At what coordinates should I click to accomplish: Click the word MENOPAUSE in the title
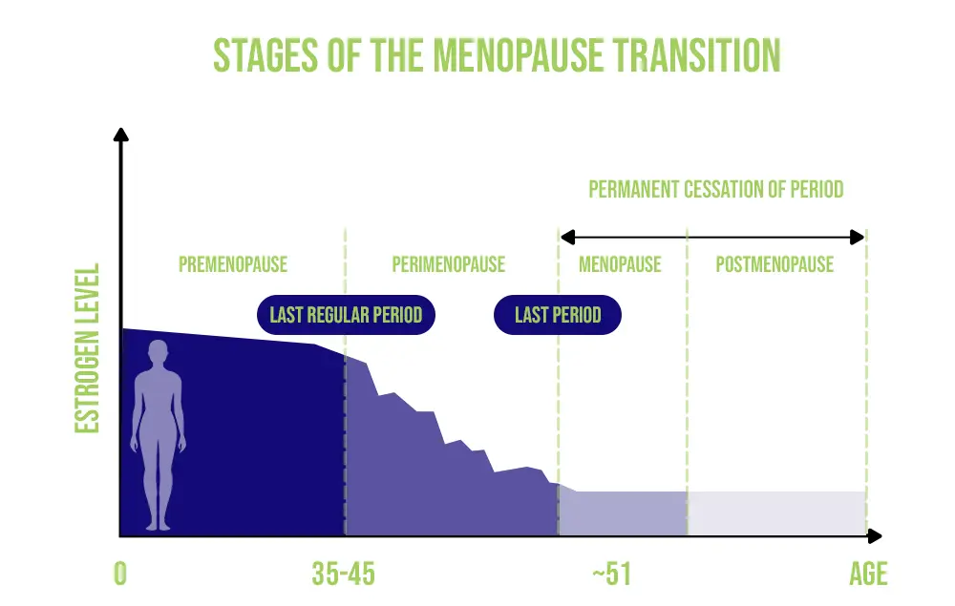[x=519, y=55]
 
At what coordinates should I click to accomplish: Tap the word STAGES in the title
[x=265, y=55]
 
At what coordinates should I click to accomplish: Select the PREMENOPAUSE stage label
[x=233, y=264]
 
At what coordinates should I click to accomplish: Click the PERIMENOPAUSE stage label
[x=448, y=264]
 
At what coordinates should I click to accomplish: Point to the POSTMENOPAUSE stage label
[x=775, y=264]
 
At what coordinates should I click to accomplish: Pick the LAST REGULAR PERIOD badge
[x=346, y=315]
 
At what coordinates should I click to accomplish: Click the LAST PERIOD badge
[x=558, y=315]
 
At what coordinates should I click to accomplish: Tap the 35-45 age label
[x=344, y=574]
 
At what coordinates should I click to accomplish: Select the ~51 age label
[x=611, y=574]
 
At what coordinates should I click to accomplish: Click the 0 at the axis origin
[x=120, y=574]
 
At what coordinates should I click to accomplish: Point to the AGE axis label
[x=868, y=574]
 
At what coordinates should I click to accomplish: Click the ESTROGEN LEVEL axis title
[x=87, y=348]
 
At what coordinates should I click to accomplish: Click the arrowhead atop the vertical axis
[x=120, y=135]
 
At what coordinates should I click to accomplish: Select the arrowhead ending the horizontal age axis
[x=875, y=536]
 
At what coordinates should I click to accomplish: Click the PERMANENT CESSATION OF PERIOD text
[x=715, y=189]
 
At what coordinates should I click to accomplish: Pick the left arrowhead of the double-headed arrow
[x=567, y=238]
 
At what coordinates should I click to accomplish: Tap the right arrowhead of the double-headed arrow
[x=857, y=238]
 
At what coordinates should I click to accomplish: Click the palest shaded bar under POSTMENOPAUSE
[x=777, y=513]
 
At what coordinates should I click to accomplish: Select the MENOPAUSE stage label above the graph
[x=620, y=264]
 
